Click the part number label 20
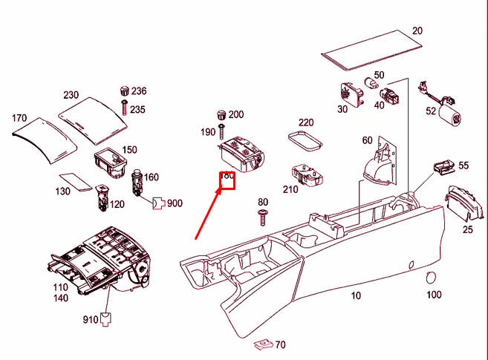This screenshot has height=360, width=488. point(417,31)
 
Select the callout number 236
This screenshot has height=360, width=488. point(139,91)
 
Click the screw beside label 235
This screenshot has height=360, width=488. point(124,107)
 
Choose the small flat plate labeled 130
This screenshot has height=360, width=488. point(74,180)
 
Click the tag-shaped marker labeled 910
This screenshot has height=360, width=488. point(108,320)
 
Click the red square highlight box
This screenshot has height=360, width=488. point(227,181)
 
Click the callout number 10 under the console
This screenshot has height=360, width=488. point(356,295)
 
